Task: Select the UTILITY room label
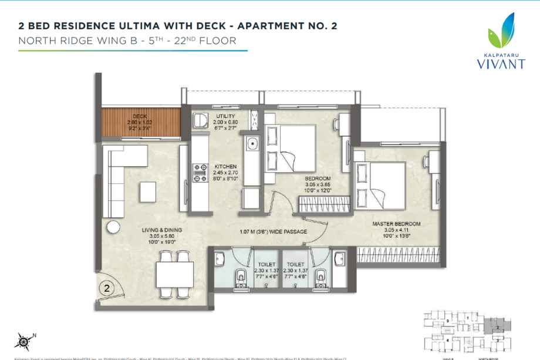point(226,116)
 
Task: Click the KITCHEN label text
point(225,166)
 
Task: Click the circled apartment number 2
point(106,288)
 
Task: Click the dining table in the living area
point(175,274)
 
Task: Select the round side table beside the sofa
point(113,228)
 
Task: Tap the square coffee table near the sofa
point(147,191)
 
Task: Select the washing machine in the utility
point(200,120)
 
